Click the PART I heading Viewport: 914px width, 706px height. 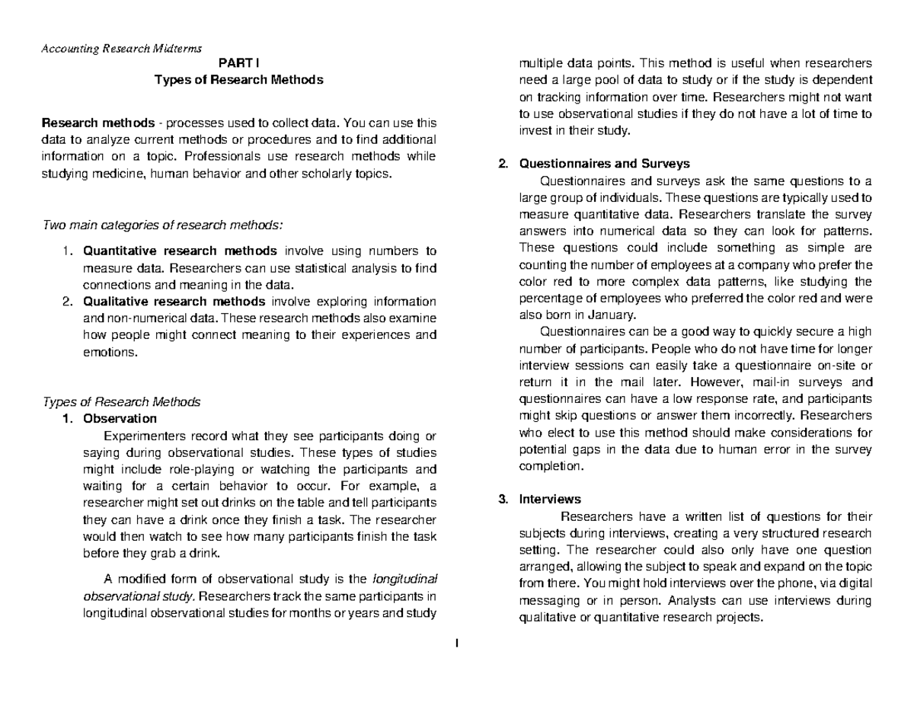[x=239, y=65]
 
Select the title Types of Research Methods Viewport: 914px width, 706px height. [x=239, y=79]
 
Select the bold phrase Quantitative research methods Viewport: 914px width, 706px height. [x=181, y=251]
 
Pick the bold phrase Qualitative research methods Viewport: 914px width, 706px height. [x=174, y=301]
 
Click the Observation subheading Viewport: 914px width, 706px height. [x=120, y=418]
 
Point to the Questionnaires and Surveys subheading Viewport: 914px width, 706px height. [x=604, y=163]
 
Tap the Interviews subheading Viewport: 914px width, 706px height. [x=549, y=500]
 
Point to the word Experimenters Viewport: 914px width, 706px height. [x=144, y=436]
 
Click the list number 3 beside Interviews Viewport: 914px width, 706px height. [x=502, y=500]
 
